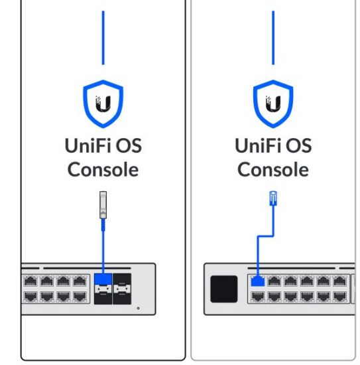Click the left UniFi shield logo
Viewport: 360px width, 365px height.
[x=103, y=104]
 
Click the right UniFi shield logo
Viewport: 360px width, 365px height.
[x=272, y=104]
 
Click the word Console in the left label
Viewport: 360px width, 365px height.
[x=103, y=169]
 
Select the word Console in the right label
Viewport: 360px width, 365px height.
[x=272, y=169]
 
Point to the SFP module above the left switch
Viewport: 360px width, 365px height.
[x=103, y=205]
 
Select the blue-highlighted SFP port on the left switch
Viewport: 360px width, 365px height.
[x=103, y=288]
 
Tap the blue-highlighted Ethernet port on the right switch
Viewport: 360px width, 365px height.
[x=257, y=281]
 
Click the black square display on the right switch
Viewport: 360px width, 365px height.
[x=223, y=289]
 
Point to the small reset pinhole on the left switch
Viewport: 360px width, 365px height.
[x=139, y=309]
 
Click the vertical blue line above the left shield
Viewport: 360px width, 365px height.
[x=103, y=36]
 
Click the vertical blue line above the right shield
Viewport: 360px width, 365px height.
[x=272, y=36]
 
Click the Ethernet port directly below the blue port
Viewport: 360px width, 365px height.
[x=257, y=296]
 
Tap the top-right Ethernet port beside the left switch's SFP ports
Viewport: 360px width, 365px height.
[x=80, y=281]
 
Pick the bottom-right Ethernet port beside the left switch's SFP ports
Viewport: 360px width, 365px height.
[x=80, y=296]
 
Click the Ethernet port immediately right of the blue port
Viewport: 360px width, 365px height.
[x=274, y=281]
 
